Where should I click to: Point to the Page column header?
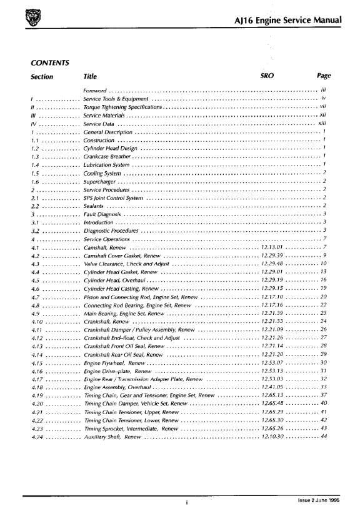(323, 76)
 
